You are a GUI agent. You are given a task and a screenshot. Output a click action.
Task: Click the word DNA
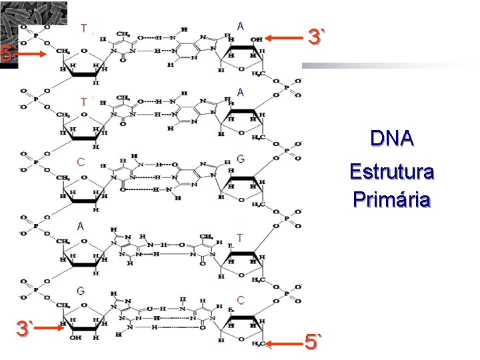tap(392, 139)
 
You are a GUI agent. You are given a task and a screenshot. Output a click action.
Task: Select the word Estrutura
tap(392, 172)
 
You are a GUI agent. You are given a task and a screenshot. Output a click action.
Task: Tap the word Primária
tap(392, 199)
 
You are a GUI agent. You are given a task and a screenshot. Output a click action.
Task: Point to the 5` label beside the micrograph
tap(7, 53)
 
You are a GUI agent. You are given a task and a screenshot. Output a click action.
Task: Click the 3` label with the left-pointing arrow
tap(316, 37)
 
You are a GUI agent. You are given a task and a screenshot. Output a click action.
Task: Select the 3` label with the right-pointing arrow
tap(26, 329)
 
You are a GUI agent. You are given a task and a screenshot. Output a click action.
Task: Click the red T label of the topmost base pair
tap(83, 29)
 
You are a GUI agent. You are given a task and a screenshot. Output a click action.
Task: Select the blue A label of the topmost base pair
tap(240, 26)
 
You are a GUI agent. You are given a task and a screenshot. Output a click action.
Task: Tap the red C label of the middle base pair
tap(80, 162)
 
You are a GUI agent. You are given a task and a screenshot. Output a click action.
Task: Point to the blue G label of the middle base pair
tap(240, 159)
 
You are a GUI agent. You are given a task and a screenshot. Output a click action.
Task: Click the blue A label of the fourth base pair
tap(80, 226)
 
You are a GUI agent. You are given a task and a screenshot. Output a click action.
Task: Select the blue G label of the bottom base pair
tap(80, 291)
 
